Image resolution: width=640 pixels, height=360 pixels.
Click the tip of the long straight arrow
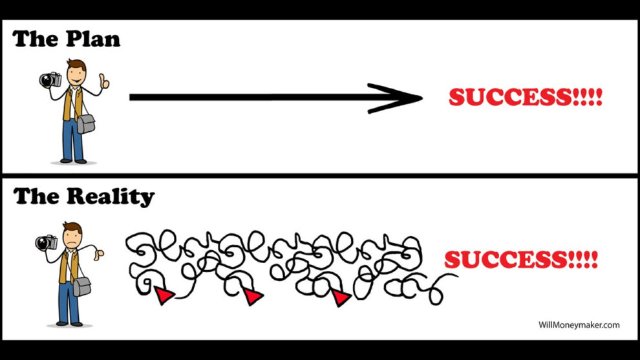[422, 98]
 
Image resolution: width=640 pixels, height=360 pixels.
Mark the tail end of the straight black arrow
[130, 97]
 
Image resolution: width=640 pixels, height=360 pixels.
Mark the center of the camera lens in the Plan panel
[47, 80]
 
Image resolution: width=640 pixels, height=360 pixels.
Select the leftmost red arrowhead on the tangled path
[164, 295]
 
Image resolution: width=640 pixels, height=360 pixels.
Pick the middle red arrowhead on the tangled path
[253, 295]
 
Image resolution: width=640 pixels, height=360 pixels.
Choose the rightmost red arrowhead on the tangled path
[341, 297]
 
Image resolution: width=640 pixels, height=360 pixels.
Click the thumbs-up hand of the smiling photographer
[104, 81]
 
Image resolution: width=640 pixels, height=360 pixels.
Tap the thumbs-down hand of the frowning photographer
[98, 254]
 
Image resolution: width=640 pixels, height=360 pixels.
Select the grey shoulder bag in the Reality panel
[82, 286]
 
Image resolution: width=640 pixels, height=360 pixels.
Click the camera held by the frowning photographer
[46, 242]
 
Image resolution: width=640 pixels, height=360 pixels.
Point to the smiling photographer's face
[76, 74]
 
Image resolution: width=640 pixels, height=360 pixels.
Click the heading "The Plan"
[66, 39]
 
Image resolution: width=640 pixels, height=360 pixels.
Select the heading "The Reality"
[83, 197]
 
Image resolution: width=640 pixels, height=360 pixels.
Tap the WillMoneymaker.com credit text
[579, 325]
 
